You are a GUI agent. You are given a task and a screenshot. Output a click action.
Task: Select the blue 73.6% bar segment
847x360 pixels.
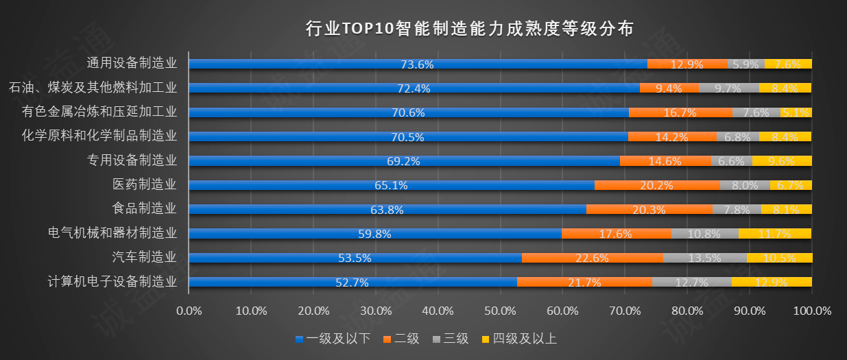click(417, 64)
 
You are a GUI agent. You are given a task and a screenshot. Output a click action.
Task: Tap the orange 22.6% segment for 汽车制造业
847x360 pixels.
click(593, 258)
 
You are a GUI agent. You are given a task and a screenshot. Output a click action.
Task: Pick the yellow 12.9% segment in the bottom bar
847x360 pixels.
click(772, 282)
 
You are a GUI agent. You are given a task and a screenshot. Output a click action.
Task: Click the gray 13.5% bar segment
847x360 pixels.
click(705, 258)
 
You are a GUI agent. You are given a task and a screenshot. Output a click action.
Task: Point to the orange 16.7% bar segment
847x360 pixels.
click(680, 112)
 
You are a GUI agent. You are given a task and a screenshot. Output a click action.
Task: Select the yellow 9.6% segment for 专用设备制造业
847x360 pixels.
click(782, 161)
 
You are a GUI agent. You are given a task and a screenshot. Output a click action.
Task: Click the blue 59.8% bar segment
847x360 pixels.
click(374, 234)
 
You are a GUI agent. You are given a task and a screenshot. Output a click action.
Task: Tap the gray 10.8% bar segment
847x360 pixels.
click(705, 234)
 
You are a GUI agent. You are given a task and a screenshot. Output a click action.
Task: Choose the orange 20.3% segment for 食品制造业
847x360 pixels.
click(649, 209)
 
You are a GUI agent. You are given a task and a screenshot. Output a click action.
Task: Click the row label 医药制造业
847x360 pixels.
click(145, 184)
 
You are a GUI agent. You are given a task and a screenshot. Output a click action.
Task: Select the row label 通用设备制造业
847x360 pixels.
click(132, 63)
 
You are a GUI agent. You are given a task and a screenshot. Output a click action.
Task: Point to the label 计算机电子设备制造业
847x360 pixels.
click(112, 281)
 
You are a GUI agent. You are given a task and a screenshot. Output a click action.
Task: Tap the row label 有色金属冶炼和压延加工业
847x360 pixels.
click(99, 112)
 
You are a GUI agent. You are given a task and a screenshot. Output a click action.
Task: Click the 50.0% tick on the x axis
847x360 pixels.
click(501, 311)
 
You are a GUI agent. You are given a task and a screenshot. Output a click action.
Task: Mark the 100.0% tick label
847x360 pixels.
click(811, 311)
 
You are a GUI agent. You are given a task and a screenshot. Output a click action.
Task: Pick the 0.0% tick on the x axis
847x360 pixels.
click(189, 311)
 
